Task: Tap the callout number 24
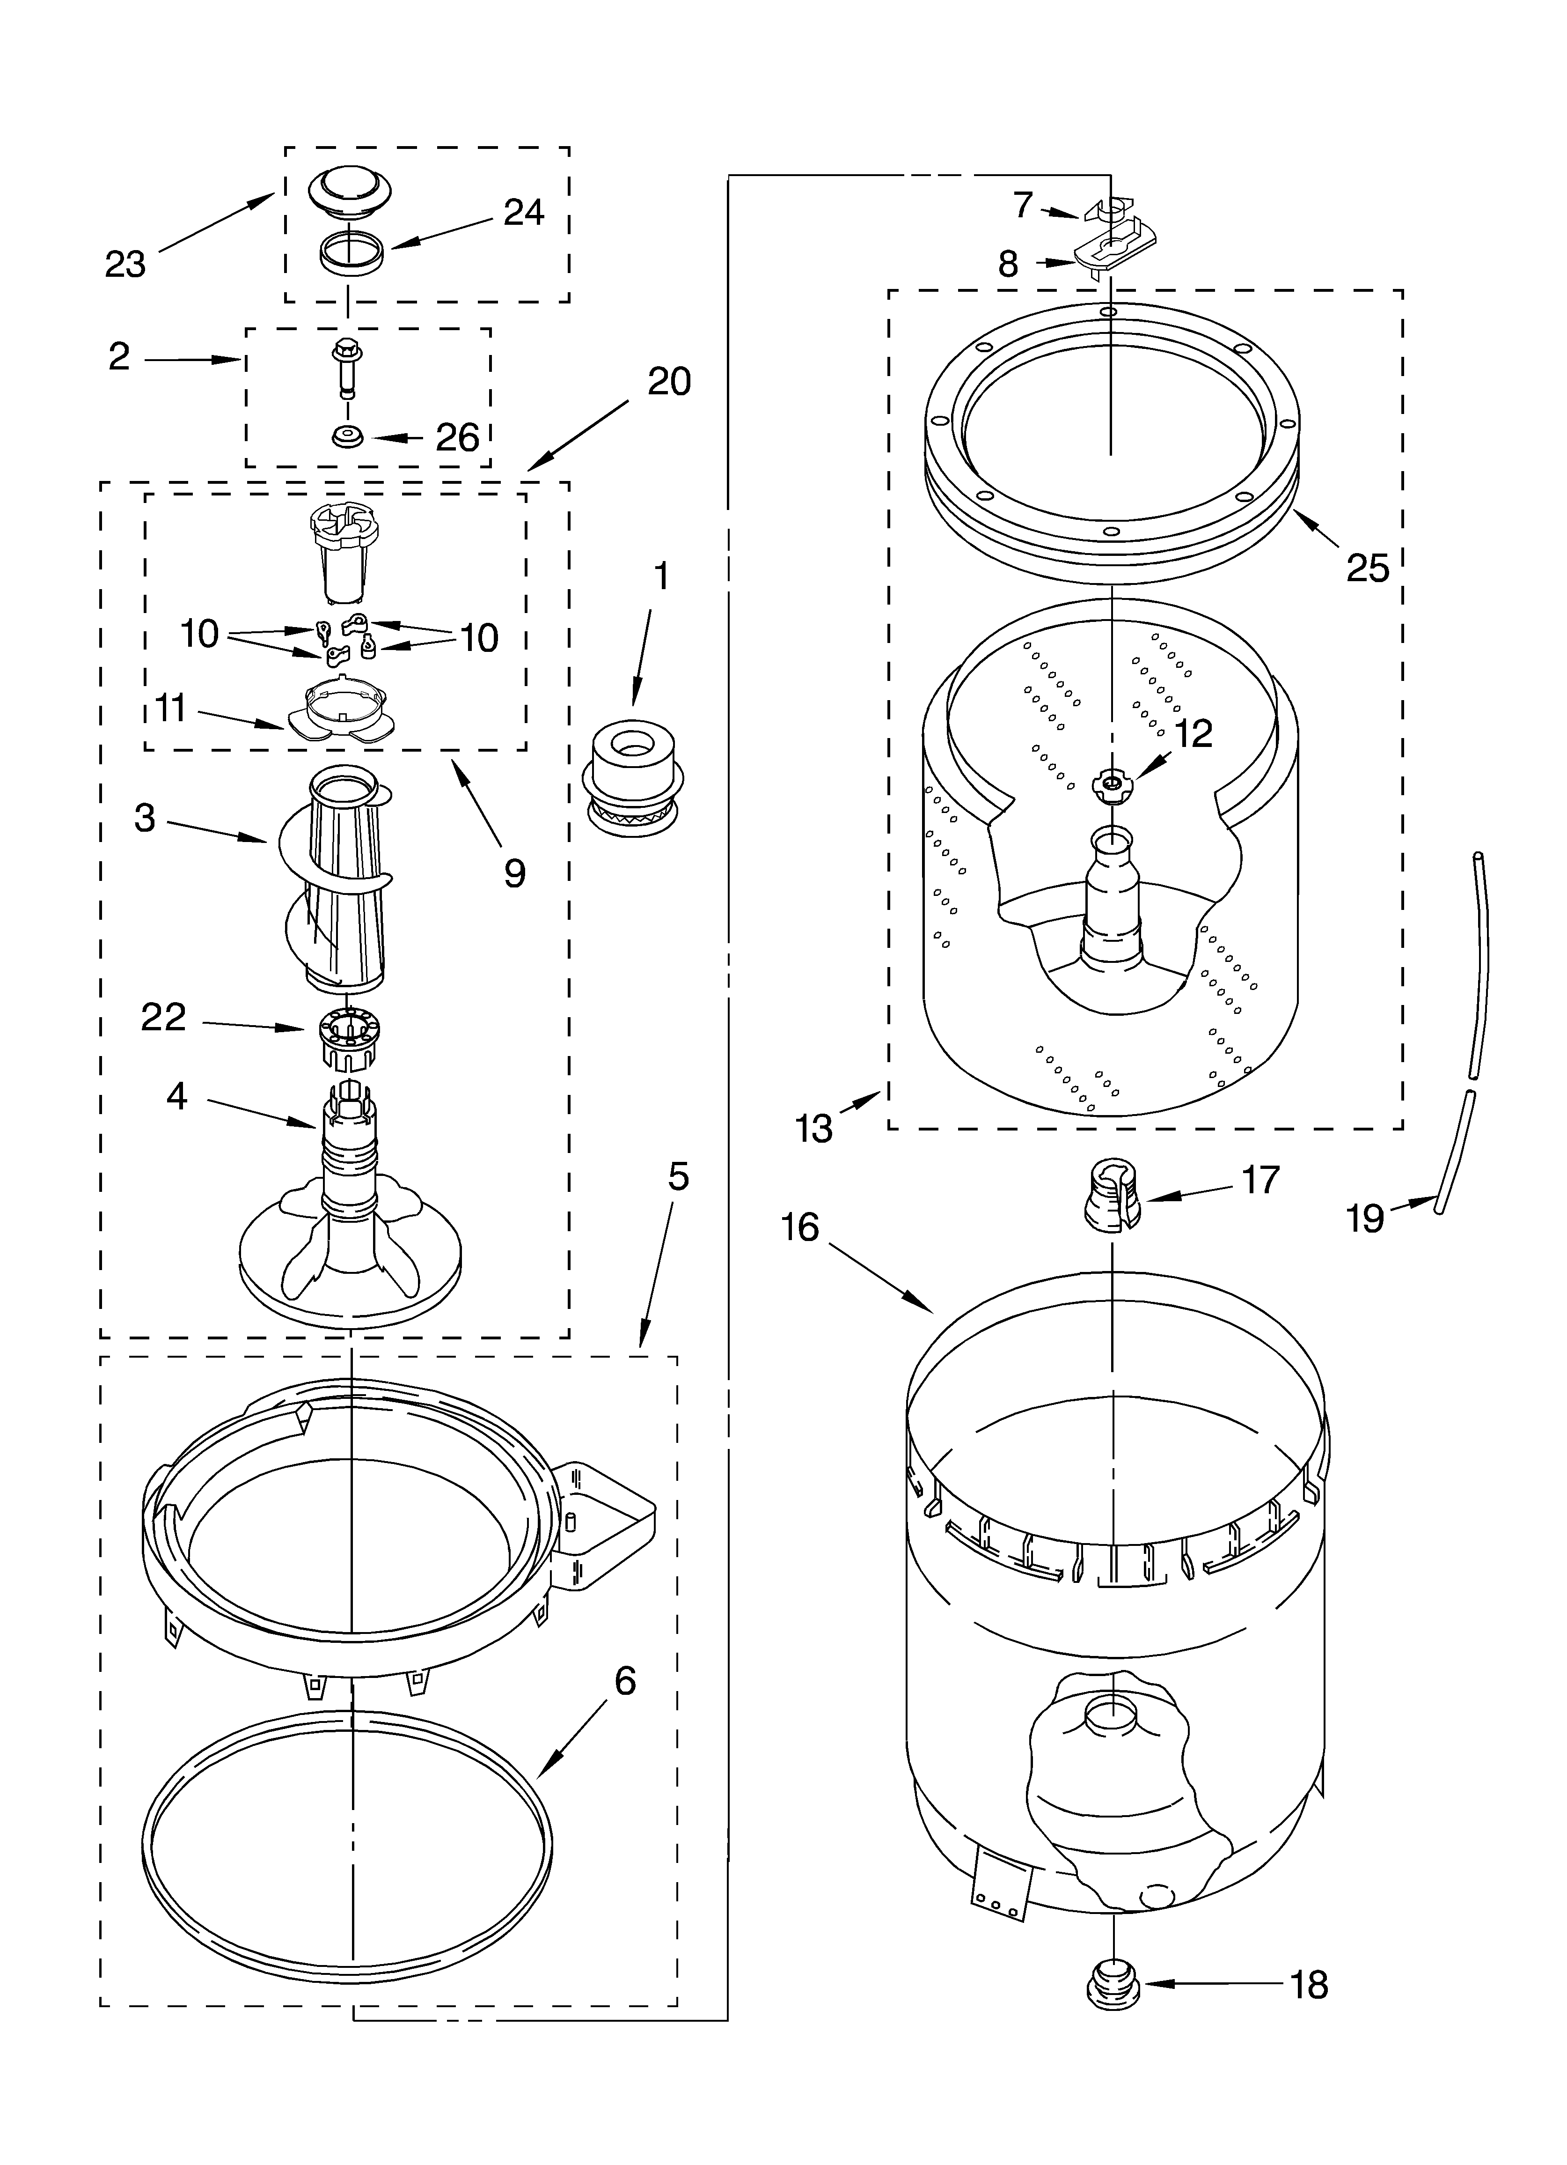tap(524, 212)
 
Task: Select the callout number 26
tap(457, 438)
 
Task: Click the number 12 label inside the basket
tap(1193, 733)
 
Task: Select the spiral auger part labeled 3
tap(342, 878)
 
